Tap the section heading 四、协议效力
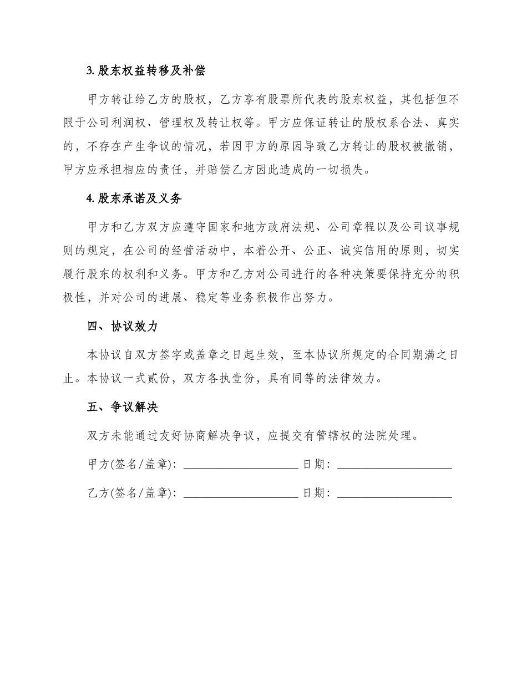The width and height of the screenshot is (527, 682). click(x=123, y=326)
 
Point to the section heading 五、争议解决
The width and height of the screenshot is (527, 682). click(x=123, y=408)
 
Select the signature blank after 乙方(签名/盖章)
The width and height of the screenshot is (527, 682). click(x=240, y=492)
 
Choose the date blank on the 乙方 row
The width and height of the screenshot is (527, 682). click(x=394, y=492)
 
